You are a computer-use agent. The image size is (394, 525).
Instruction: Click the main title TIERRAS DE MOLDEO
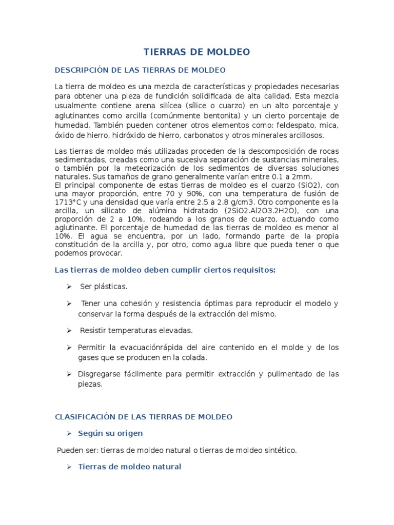pyautogui.click(x=196, y=52)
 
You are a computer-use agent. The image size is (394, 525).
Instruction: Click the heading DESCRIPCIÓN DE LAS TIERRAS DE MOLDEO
pyautogui.click(x=140, y=70)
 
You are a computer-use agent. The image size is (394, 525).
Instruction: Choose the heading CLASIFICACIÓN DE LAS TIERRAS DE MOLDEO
pyautogui.click(x=144, y=416)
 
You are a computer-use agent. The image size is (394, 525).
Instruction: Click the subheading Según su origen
pyautogui.click(x=110, y=433)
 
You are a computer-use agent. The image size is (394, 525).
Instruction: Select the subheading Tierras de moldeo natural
pyautogui.click(x=129, y=467)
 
